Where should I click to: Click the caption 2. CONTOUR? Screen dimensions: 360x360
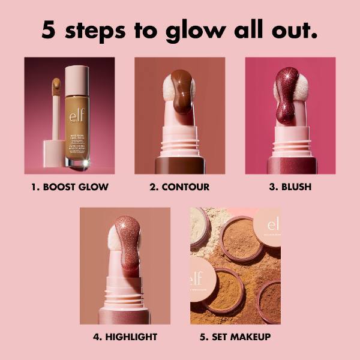tap(179, 187)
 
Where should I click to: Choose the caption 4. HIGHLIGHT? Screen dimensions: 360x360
tap(125, 337)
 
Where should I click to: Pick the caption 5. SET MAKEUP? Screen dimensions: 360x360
tap(235, 337)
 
